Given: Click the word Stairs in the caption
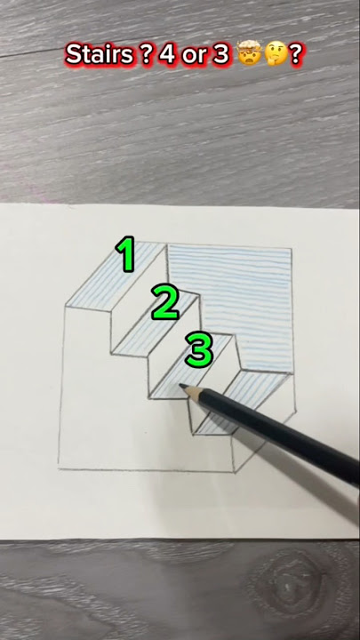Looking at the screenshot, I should coord(95,55).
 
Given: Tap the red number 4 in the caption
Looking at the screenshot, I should coord(169,55).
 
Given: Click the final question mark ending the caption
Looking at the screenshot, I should coord(295,55).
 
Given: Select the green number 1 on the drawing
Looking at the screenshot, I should coord(126,254).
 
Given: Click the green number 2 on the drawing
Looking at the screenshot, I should coord(164,302).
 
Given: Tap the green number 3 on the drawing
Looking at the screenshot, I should coord(198,349).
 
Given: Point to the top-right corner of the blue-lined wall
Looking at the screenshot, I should coord(292,249).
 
